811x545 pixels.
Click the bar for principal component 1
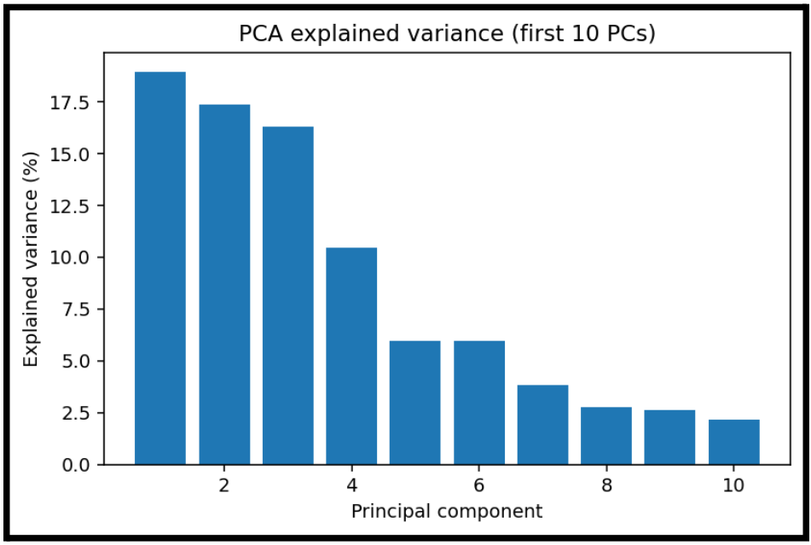click(160, 268)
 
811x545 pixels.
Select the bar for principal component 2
click(224, 284)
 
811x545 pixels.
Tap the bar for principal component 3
click(287, 295)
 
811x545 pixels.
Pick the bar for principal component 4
click(351, 356)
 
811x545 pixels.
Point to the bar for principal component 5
click(415, 403)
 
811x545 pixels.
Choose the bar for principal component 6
click(479, 403)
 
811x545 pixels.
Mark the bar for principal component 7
click(542, 425)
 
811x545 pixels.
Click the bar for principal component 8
click(606, 436)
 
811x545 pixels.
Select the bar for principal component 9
click(669, 438)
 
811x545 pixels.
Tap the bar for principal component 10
click(733, 442)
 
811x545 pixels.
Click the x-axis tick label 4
click(351, 486)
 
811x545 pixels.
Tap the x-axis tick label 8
click(606, 486)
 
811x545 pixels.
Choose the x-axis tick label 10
click(733, 486)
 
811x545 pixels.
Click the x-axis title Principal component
click(446, 512)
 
